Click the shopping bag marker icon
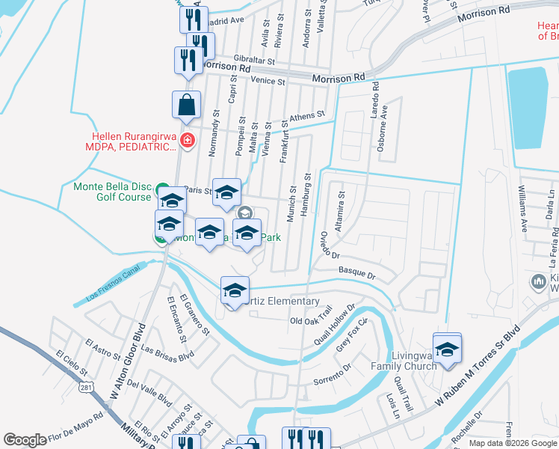(x=186, y=107)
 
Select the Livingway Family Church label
(x=404, y=361)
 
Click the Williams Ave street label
(x=523, y=206)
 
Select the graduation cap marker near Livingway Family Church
(x=447, y=349)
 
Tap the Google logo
(x=25, y=440)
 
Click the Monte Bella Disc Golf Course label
(x=113, y=192)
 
